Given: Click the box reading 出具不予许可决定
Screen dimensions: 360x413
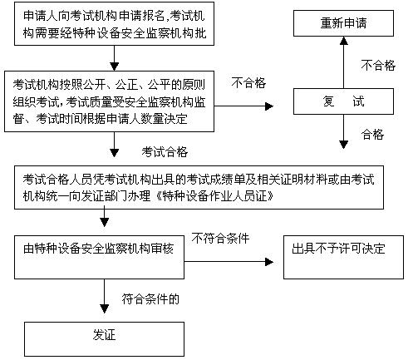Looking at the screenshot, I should [340, 250].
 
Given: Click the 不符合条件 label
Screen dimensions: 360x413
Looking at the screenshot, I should [220, 238].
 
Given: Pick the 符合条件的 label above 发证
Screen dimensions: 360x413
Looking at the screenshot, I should [150, 297].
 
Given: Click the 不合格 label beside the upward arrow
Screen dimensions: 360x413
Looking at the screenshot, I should [377, 63].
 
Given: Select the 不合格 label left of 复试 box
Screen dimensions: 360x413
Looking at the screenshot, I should [248, 83].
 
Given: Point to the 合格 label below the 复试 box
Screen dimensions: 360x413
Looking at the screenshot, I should [372, 134].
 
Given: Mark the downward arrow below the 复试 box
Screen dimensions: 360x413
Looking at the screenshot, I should [342, 134].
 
